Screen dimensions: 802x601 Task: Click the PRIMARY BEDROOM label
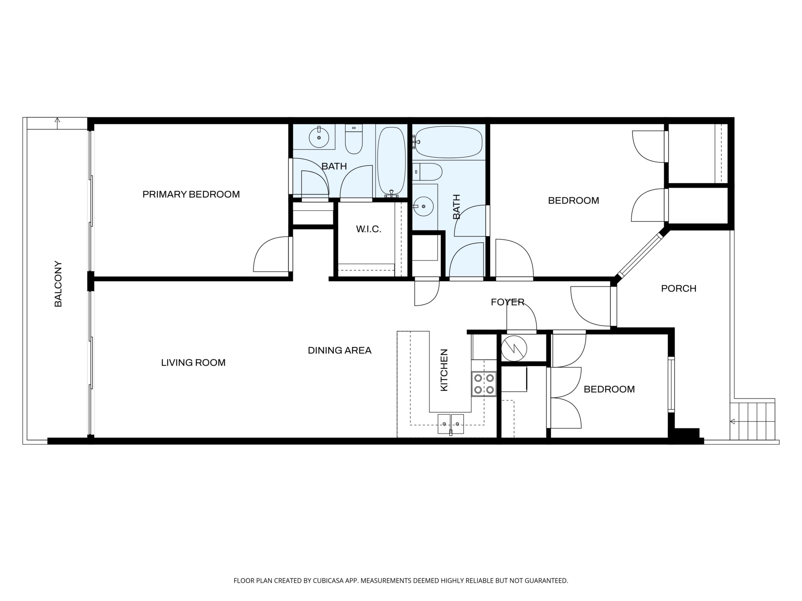(x=191, y=195)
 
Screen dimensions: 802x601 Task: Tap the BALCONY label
(x=58, y=284)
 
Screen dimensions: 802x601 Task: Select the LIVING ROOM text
(x=193, y=363)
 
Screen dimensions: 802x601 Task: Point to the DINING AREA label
(x=339, y=350)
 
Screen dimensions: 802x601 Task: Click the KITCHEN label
(x=444, y=370)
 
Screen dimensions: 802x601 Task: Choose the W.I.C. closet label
(x=368, y=229)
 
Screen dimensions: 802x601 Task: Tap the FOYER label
(x=508, y=302)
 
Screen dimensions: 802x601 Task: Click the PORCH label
(x=679, y=288)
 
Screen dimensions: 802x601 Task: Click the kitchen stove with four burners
(x=484, y=384)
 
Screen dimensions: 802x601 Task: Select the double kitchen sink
(x=451, y=423)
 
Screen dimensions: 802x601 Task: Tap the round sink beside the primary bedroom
(x=319, y=138)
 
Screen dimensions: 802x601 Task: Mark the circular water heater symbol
(x=514, y=349)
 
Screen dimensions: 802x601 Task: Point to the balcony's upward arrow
(x=57, y=123)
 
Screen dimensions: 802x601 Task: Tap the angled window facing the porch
(x=640, y=255)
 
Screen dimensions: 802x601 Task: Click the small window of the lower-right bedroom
(x=672, y=384)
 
